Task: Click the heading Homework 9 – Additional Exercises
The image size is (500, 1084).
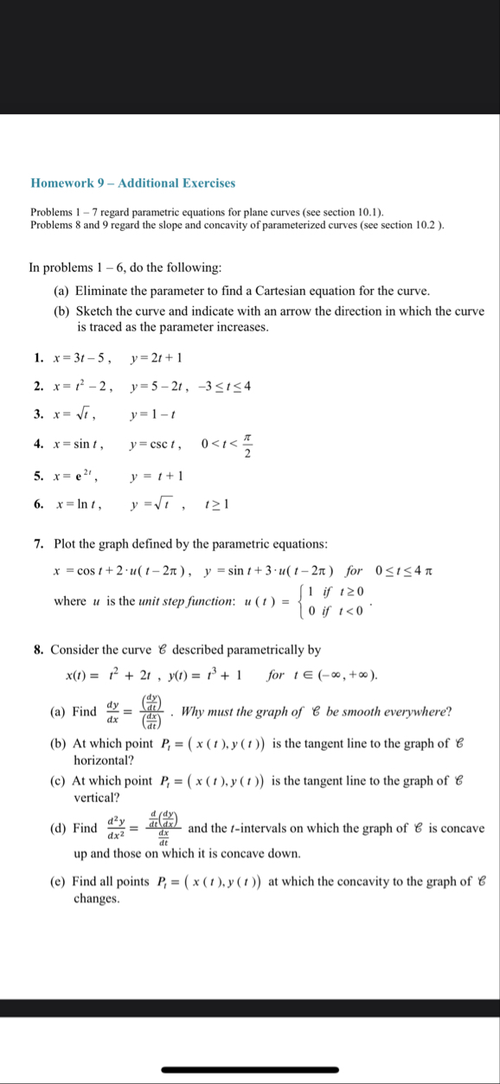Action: (x=132, y=183)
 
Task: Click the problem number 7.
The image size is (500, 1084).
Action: (x=39, y=543)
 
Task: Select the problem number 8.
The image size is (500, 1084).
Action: (x=39, y=649)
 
